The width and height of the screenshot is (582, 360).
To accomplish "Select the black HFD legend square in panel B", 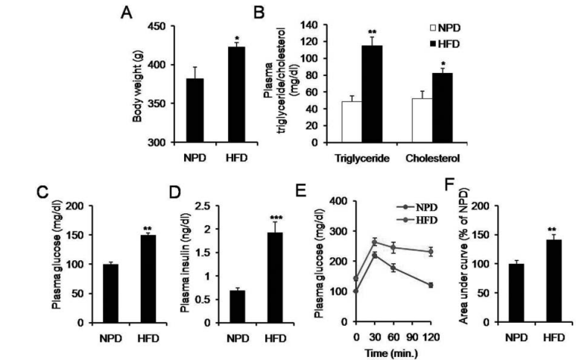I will point(424,45).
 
